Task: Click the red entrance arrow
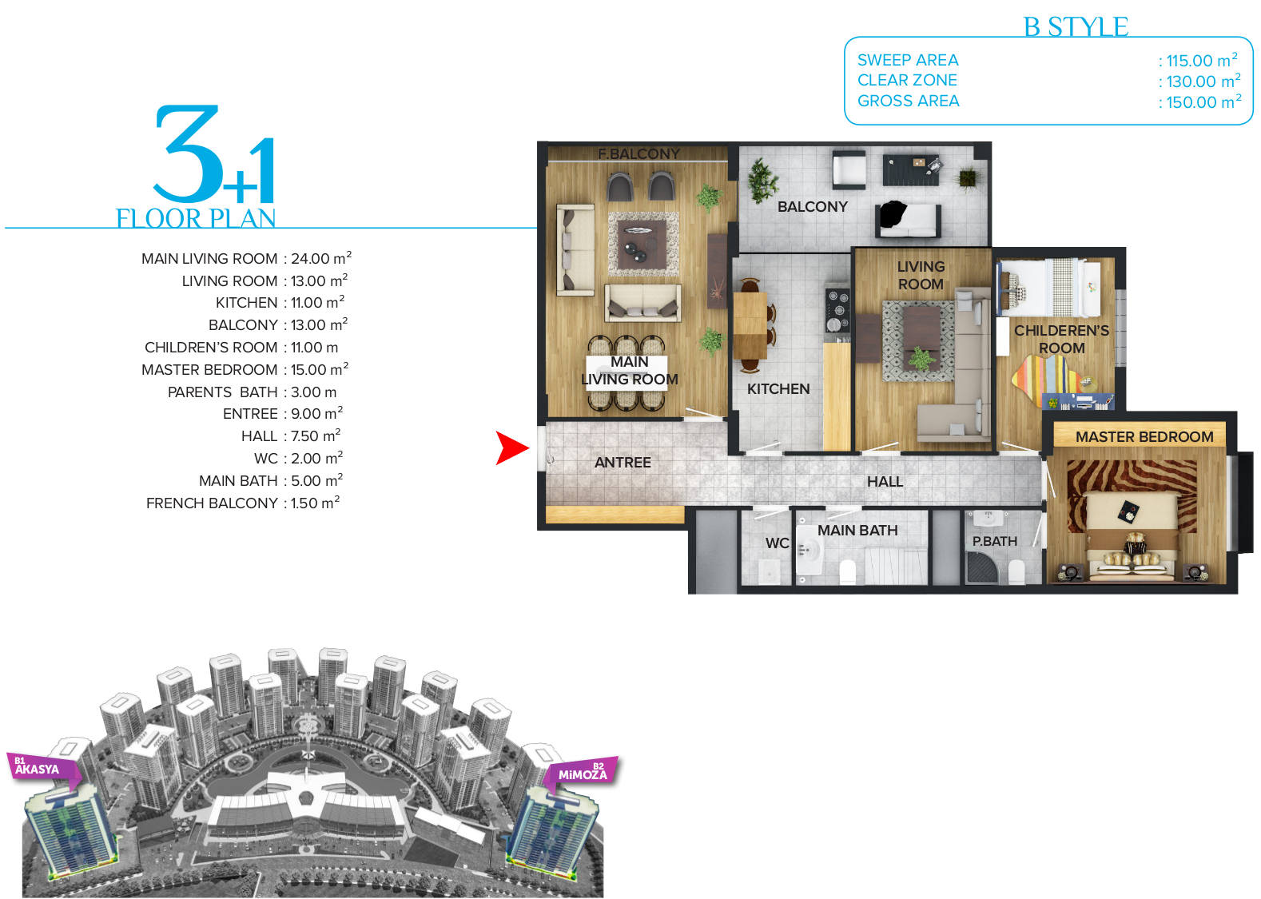coord(511,448)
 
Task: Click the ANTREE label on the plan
coord(623,462)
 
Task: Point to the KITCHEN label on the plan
coord(778,389)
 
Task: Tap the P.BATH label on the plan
coord(995,541)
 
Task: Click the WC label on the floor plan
coord(777,543)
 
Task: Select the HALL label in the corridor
coord(885,482)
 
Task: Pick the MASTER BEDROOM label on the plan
coord(1144,437)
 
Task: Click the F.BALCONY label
coord(639,153)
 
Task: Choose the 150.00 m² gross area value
coord(1199,101)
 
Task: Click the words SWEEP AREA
coord(908,60)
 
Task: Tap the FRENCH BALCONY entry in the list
coord(212,503)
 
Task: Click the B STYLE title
coord(1076,26)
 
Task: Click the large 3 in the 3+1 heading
coord(187,153)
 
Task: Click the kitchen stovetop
coord(837,310)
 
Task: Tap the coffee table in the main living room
coord(642,245)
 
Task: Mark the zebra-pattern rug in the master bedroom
coord(1131,495)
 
